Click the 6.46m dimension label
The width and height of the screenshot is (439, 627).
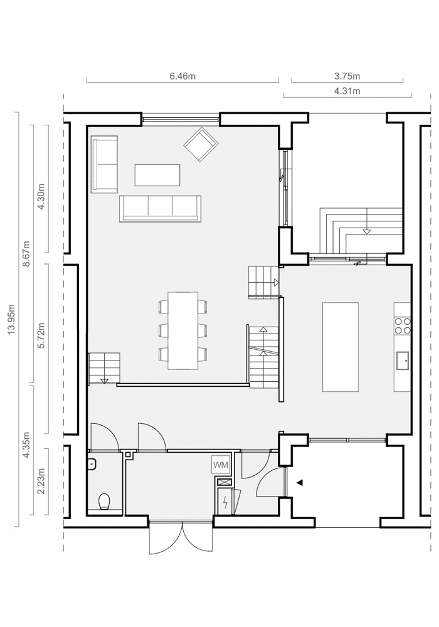click(182, 76)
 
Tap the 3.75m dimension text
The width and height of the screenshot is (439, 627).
click(347, 76)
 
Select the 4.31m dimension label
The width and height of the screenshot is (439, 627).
click(347, 91)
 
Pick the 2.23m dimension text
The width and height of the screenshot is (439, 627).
click(41, 481)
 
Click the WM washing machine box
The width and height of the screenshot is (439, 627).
click(220, 465)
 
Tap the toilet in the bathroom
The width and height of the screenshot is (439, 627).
click(104, 502)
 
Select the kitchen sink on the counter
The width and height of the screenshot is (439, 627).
click(403, 362)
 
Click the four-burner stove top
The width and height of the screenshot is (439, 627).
click(403, 325)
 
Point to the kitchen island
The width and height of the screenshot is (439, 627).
click(341, 347)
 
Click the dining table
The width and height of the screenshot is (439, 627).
click(183, 330)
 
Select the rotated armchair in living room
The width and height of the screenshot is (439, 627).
click(201, 144)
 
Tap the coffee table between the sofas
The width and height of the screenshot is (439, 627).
click(157, 175)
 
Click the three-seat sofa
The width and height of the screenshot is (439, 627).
click(160, 208)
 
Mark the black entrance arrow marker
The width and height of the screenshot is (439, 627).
click(300, 483)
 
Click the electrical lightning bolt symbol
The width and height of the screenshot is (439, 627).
click(226, 502)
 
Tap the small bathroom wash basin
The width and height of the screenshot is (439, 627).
click(92, 463)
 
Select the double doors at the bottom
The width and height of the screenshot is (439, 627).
click(181, 537)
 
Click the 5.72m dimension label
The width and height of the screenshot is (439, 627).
click(41, 335)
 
